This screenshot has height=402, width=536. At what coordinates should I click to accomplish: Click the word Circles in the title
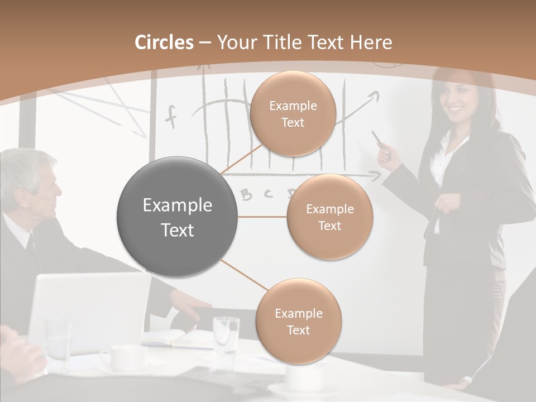[x=164, y=42]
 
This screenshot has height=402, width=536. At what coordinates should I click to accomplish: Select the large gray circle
[x=178, y=217]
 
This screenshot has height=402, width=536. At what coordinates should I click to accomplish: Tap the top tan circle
[x=293, y=113]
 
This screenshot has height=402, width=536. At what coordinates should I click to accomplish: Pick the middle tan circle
[x=329, y=217]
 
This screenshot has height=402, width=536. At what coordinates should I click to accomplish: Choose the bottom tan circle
[x=298, y=321]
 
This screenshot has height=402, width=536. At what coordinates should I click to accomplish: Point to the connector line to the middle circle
[x=262, y=217]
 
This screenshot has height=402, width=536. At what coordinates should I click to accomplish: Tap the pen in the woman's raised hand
[x=378, y=139]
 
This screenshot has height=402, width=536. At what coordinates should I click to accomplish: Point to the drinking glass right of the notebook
[x=226, y=335]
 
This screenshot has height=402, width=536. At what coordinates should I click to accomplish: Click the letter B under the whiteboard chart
[x=246, y=194]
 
